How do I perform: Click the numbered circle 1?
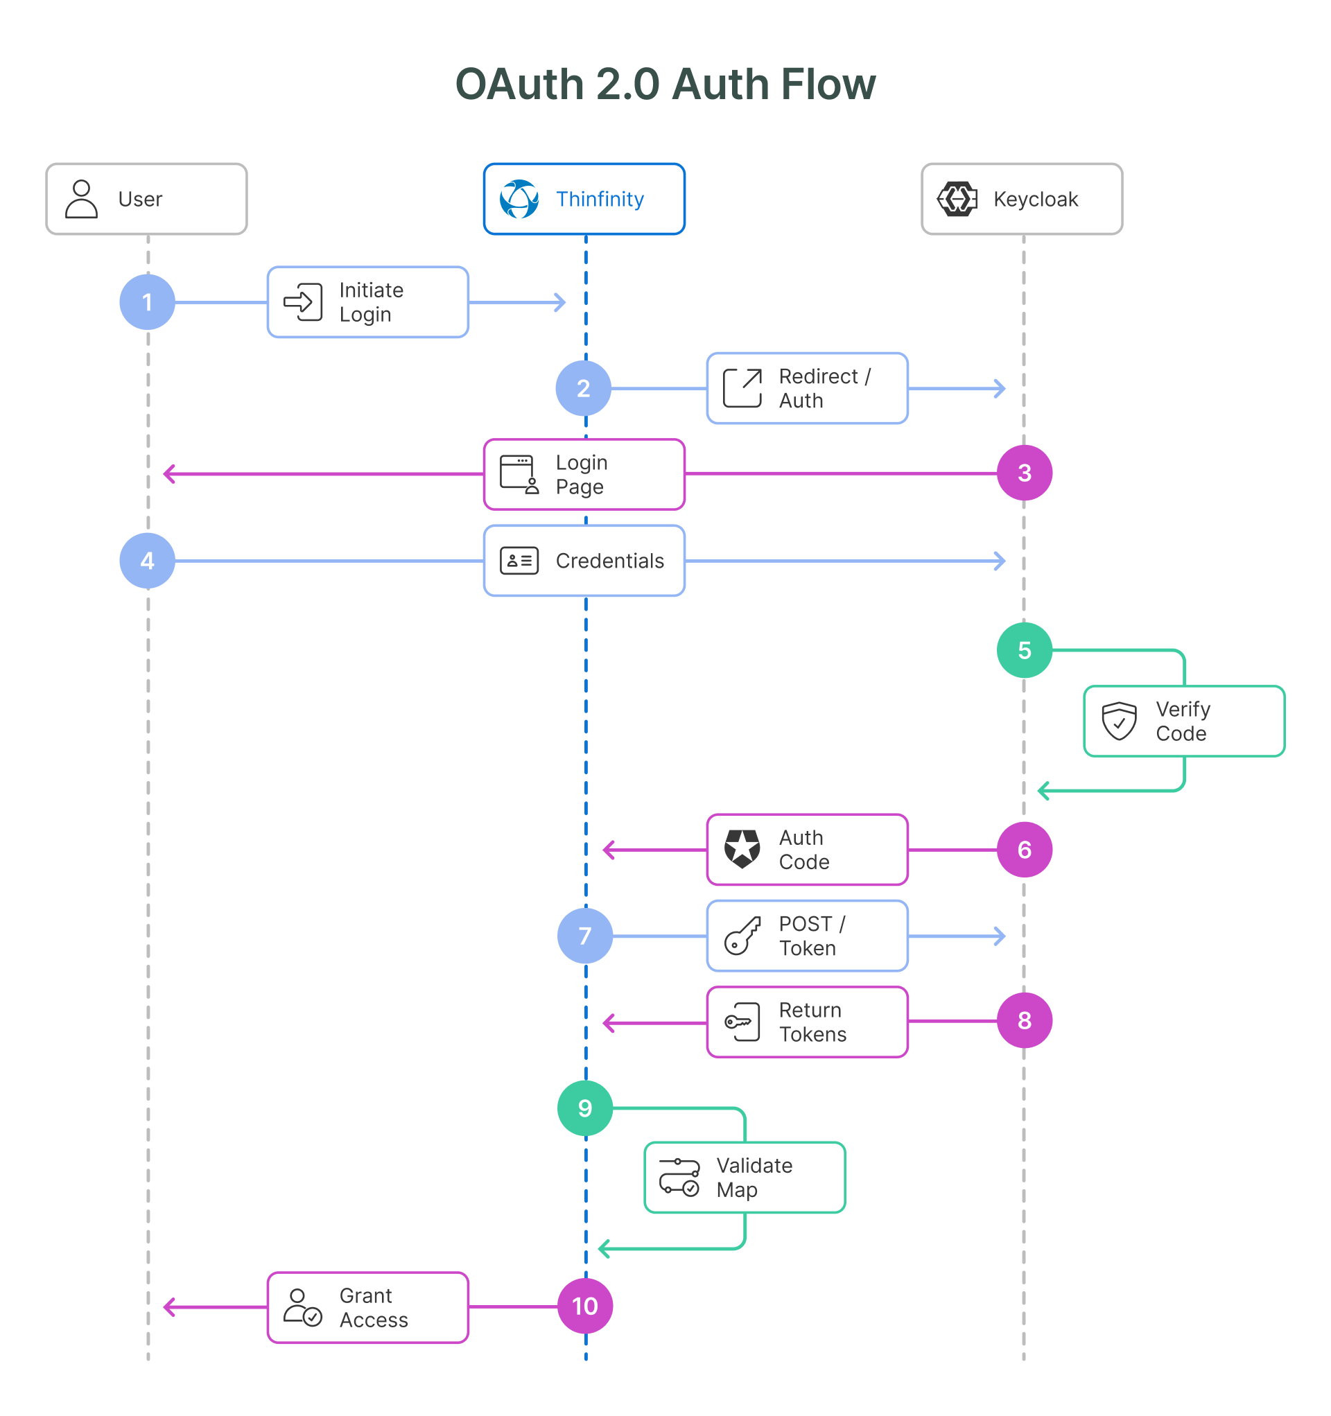(147, 302)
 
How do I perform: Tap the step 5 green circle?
(1024, 649)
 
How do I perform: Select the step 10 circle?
(584, 1306)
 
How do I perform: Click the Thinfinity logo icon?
(519, 199)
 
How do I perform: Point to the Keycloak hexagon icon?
(956, 199)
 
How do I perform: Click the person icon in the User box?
(81, 199)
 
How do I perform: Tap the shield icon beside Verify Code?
(1119, 721)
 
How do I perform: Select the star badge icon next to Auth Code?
(742, 848)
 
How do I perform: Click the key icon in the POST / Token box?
(742, 935)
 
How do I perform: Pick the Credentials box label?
(609, 561)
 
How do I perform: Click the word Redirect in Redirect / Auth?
(818, 376)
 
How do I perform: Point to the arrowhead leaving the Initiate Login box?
(561, 302)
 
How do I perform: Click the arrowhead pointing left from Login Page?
(169, 473)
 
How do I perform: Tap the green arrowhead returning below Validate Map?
(604, 1248)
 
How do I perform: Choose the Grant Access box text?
(373, 1307)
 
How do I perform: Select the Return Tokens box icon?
(742, 1022)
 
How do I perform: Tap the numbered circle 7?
(584, 935)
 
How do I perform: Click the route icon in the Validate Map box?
(679, 1177)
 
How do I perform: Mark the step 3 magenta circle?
(1024, 472)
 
